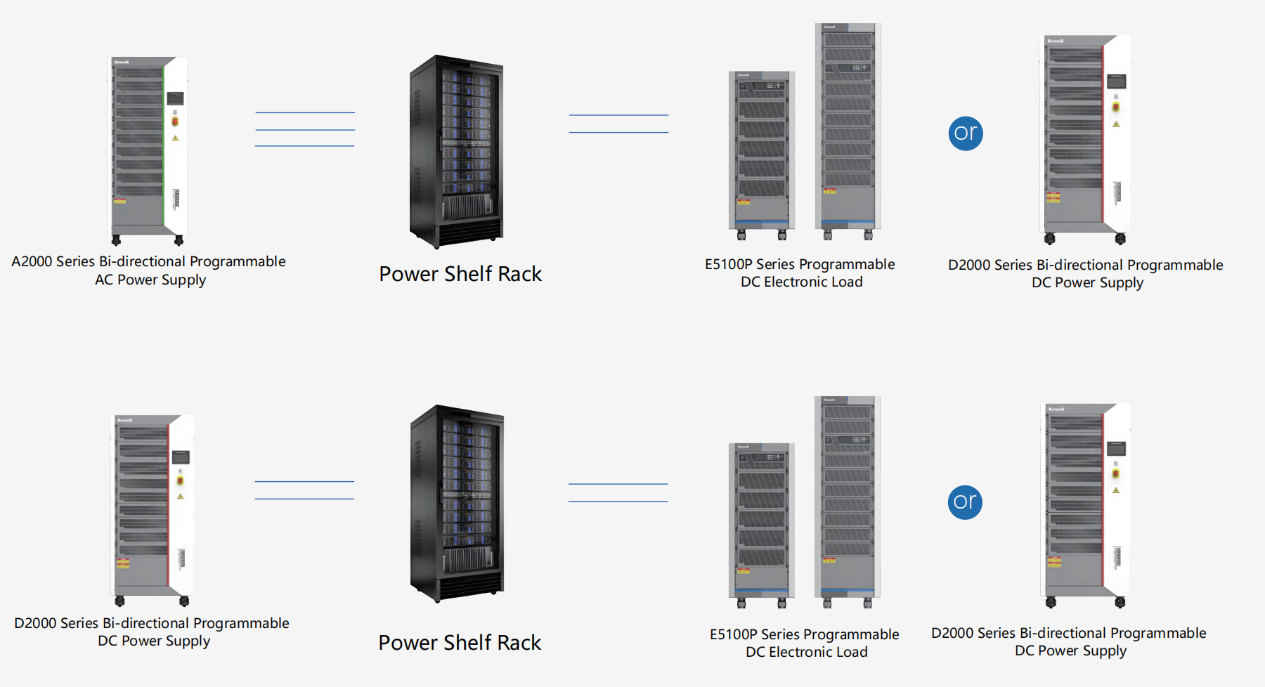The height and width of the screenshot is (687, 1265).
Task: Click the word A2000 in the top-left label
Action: (x=32, y=261)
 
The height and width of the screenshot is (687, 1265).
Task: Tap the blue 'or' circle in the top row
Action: (x=966, y=133)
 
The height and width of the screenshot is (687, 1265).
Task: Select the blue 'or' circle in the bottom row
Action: (x=965, y=502)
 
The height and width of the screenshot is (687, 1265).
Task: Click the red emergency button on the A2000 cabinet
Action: (x=175, y=122)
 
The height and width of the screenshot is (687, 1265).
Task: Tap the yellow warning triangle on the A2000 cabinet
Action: (x=175, y=138)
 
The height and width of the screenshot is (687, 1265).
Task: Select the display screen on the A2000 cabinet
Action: (x=175, y=98)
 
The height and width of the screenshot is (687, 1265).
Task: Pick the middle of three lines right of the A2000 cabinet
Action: (x=305, y=130)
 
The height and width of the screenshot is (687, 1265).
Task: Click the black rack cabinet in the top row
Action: (x=456, y=151)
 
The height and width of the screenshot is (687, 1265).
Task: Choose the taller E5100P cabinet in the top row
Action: (x=848, y=126)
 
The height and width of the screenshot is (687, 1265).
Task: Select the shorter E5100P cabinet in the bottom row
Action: (x=762, y=520)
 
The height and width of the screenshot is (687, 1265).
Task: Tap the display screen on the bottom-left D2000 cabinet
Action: (x=181, y=457)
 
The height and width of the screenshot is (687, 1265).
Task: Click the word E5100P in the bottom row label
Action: (x=733, y=634)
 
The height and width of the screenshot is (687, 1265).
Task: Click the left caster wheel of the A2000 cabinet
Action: (x=116, y=240)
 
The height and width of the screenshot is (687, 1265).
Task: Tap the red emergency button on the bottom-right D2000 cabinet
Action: (x=1115, y=474)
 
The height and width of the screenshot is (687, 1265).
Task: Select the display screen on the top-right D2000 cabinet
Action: (x=1116, y=81)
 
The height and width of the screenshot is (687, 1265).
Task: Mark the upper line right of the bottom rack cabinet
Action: (x=618, y=484)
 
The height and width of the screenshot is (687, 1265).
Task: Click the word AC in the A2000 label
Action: (x=103, y=280)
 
